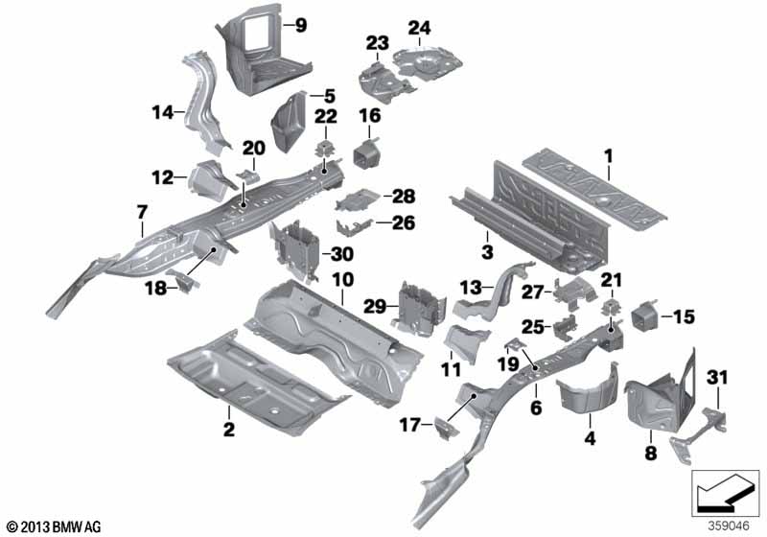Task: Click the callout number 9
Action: (x=300, y=26)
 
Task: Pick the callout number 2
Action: (x=228, y=431)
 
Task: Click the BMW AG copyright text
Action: (x=53, y=526)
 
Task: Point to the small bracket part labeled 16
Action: (x=365, y=154)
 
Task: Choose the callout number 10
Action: (x=343, y=279)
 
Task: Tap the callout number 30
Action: (x=341, y=254)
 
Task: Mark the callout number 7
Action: (x=142, y=209)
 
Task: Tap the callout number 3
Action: (x=487, y=252)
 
